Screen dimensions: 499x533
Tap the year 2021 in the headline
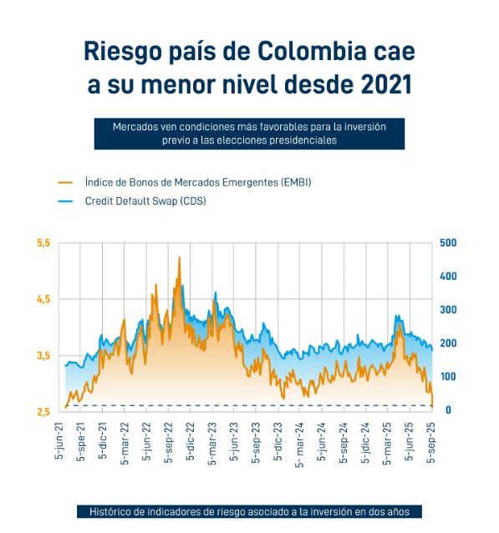coord(386,84)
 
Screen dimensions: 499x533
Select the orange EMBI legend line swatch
coord(65,182)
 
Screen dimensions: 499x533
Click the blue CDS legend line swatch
coord(65,201)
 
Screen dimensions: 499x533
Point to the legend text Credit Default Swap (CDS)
coord(145,201)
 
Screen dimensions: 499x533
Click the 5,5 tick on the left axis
coord(43,243)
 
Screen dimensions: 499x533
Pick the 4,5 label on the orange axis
coord(43,299)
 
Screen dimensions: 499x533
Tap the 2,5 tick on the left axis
coord(43,412)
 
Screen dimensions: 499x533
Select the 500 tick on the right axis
coord(448,243)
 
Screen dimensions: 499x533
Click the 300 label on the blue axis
coord(448,310)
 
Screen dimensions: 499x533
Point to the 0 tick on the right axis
coord(448,410)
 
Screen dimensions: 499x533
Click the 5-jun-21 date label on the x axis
coord(59,440)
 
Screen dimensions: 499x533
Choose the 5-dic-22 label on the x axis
coord(191,441)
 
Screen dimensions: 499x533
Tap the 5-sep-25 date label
coord(431,443)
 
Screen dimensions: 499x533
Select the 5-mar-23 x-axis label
coord(212,444)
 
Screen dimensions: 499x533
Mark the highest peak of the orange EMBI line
coord(179,257)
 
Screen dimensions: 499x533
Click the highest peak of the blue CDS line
coord(183,285)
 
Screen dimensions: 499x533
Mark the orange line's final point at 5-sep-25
coord(432,407)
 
